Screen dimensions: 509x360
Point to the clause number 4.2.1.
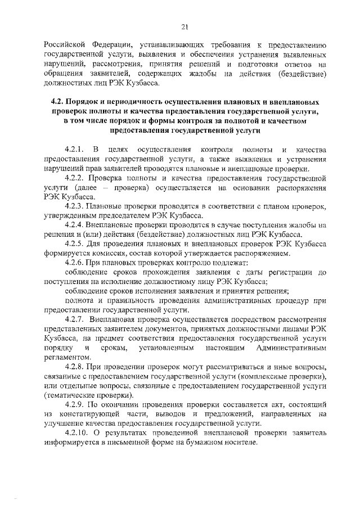[74, 149]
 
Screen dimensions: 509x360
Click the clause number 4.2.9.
[74, 406]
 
